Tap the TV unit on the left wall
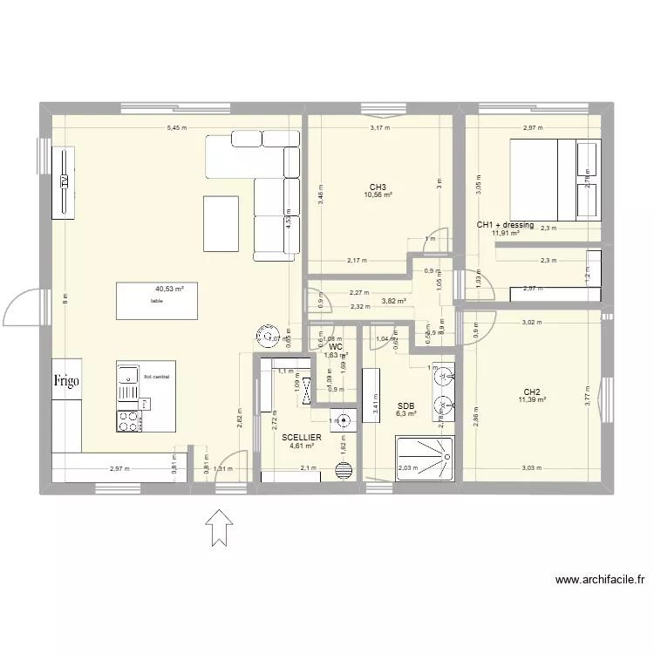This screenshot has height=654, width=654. (64, 181)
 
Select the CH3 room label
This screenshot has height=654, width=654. (378, 187)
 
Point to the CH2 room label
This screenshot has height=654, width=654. (531, 392)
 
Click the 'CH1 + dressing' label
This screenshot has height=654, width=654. (505, 225)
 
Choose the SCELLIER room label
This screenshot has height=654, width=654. (303, 436)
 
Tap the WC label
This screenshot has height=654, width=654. (336, 346)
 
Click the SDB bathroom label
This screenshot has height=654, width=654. (405, 405)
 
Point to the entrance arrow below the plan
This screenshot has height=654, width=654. (217, 528)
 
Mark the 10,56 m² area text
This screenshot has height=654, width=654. (378, 195)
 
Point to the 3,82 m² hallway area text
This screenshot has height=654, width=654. (394, 302)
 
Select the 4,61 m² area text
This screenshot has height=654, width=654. (303, 446)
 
